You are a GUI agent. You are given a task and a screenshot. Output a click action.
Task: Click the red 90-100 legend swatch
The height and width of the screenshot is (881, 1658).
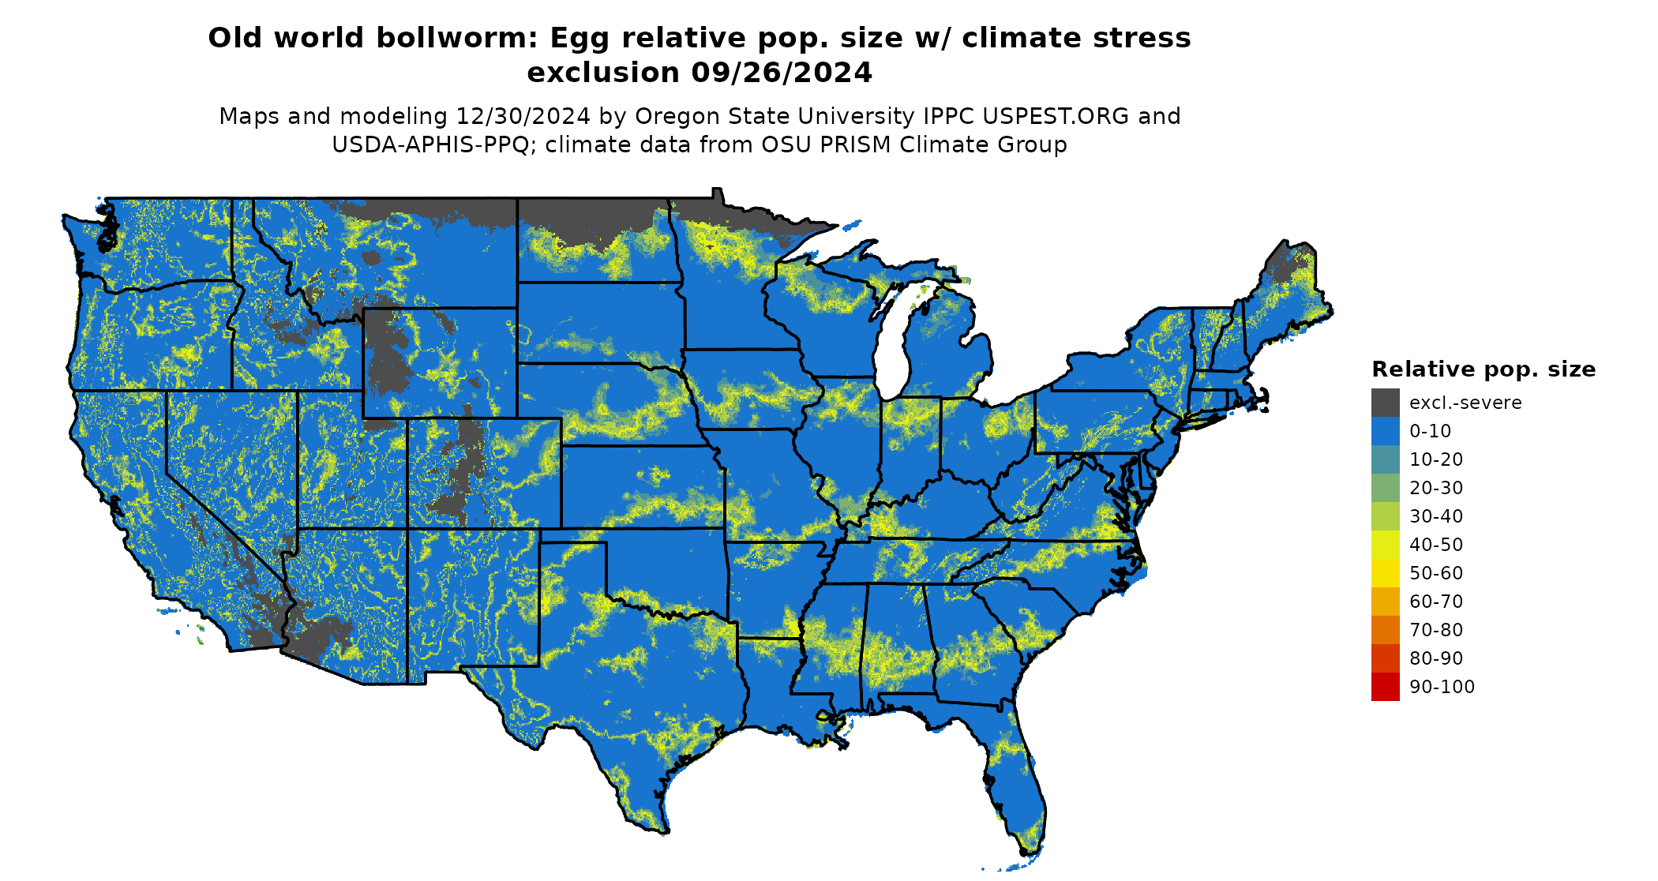click(1385, 687)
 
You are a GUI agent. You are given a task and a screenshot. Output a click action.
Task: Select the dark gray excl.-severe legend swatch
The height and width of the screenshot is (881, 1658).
click(1385, 403)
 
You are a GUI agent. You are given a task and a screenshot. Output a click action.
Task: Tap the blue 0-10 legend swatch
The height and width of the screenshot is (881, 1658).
click(1385, 431)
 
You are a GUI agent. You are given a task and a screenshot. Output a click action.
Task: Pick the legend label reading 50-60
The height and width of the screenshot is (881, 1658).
click(1436, 573)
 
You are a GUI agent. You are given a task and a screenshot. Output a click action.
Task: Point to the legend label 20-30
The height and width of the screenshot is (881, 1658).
click(1436, 488)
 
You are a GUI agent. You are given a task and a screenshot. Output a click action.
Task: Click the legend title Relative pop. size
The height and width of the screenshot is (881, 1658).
click(1484, 369)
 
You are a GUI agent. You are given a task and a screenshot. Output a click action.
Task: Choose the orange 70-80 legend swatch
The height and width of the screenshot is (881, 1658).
click(1385, 630)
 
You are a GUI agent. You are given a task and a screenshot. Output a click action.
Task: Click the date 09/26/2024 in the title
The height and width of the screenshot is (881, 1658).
click(782, 73)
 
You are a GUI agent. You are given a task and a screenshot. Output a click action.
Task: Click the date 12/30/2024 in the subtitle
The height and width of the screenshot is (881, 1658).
click(523, 116)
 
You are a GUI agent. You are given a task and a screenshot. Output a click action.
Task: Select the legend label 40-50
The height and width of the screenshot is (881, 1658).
click(1436, 545)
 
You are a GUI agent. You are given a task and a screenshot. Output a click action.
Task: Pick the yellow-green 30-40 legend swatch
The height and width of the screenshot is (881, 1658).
click(1385, 516)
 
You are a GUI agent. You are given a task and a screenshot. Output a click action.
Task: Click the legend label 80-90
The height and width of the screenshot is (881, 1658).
click(1436, 658)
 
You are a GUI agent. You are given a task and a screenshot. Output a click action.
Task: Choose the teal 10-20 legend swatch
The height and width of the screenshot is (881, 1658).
click(1385, 459)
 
